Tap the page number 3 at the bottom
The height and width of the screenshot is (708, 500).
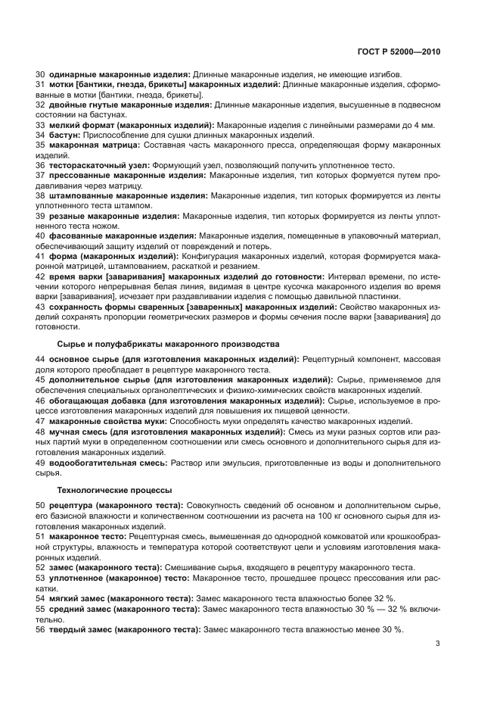coord(437,644)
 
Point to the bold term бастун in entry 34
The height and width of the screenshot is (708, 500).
coord(64,134)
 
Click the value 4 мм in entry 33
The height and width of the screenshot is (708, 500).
coord(424,124)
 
